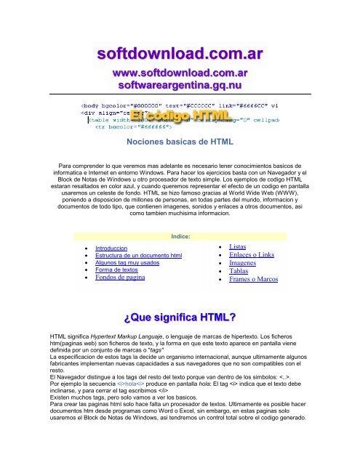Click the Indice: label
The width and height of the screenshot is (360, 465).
(x=180, y=237)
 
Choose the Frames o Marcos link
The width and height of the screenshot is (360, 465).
(x=258, y=290)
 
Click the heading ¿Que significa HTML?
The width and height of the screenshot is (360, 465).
(x=180, y=317)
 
